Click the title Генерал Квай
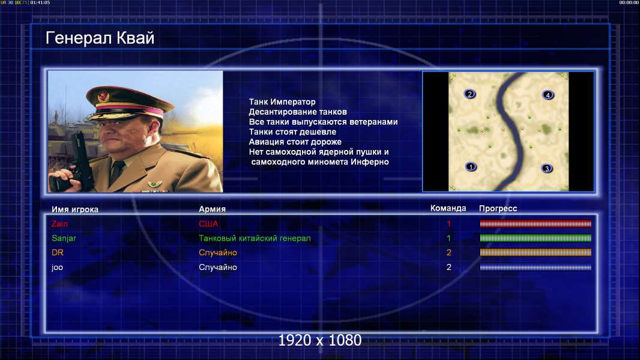tap(100, 38)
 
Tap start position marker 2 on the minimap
tap(470, 94)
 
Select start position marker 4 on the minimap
tap(548, 95)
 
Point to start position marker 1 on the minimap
tap(471, 167)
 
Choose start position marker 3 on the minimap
tap(547, 169)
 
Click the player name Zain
tap(59, 224)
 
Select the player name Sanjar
tap(64, 238)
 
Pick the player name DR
tap(58, 253)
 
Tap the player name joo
tap(57, 268)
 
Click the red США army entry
tap(208, 224)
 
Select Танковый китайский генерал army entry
tap(255, 238)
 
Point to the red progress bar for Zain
tap(536, 223)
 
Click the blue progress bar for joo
tap(536, 268)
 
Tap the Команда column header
tap(448, 208)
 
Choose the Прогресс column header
tap(498, 209)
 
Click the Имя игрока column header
tap(75, 209)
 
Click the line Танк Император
tap(282, 102)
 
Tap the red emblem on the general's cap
tap(104, 96)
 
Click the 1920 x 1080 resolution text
tap(320, 340)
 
